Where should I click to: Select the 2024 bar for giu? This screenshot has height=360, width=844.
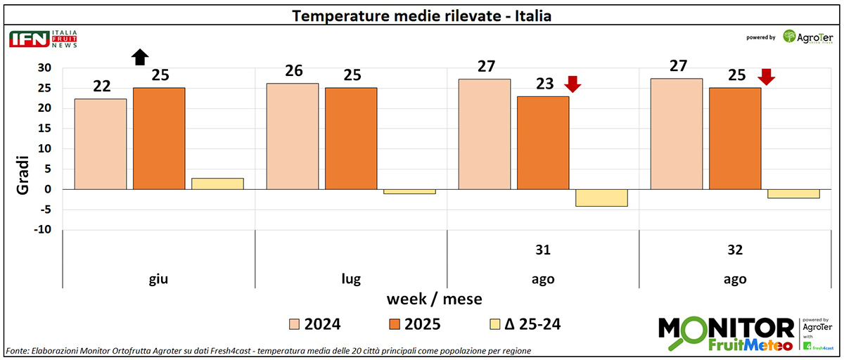[101, 144]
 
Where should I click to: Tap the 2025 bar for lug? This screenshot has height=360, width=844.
[351, 139]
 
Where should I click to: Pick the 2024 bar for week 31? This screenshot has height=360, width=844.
[485, 134]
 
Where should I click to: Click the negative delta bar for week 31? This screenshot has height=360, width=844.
[601, 198]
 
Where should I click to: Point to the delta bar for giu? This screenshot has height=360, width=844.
[218, 184]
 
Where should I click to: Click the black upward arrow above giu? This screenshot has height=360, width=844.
[141, 57]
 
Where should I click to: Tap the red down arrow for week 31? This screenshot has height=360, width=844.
[573, 84]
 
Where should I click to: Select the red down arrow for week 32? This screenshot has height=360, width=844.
[766, 76]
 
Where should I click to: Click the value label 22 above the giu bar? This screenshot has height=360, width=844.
[102, 86]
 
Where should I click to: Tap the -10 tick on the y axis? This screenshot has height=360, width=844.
[44, 230]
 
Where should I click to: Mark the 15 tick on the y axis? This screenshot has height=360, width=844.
[46, 129]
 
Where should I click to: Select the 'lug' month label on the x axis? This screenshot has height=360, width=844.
[351, 279]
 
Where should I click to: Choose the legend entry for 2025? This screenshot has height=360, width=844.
[414, 324]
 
